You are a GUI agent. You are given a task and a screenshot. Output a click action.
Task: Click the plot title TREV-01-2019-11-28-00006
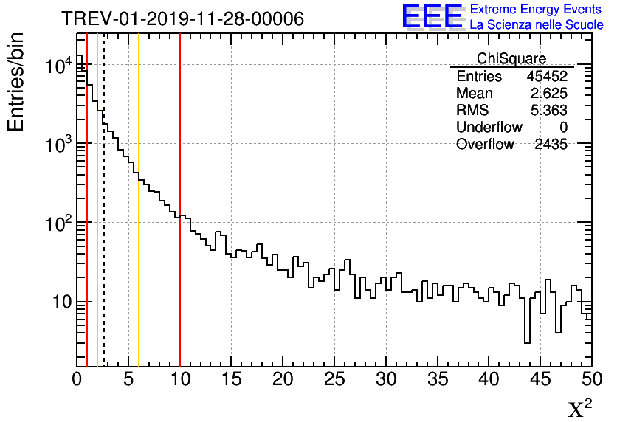pyautogui.click(x=182, y=18)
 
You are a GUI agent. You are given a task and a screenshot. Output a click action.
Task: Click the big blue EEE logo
pyautogui.click(x=432, y=16)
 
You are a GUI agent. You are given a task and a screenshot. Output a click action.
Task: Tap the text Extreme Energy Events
pyautogui.click(x=537, y=10)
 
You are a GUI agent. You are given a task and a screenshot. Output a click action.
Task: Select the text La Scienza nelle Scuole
pyautogui.click(x=537, y=24)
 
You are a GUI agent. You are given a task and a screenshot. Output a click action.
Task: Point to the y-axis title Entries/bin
pyautogui.click(x=15, y=82)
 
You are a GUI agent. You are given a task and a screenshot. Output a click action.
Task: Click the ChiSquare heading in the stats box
pyautogui.click(x=511, y=58)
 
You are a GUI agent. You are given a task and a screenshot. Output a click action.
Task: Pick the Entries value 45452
pyautogui.click(x=547, y=77)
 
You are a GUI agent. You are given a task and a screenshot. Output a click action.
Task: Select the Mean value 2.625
pyautogui.click(x=549, y=94)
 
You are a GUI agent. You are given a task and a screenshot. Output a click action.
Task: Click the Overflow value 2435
pyautogui.click(x=551, y=145)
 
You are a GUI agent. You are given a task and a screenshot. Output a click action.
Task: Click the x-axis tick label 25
pyautogui.click(x=334, y=379)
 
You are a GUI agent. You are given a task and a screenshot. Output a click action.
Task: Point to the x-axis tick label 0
pyautogui.click(x=77, y=379)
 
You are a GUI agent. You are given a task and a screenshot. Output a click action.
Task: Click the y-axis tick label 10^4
pyautogui.click(x=58, y=66)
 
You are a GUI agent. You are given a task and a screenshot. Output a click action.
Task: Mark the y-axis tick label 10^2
pyautogui.click(x=58, y=223)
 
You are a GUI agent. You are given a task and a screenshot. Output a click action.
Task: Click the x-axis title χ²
pyautogui.click(x=579, y=409)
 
